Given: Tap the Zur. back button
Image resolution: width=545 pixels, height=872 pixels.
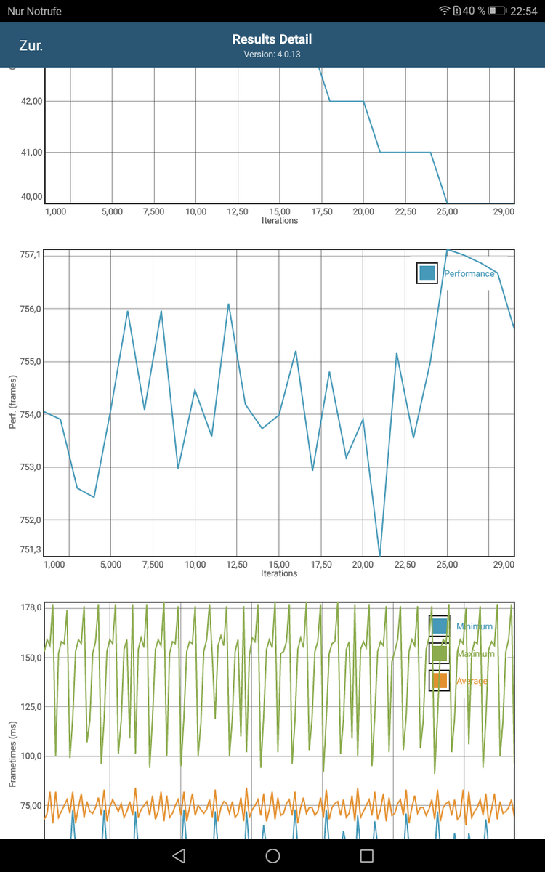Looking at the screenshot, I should pyautogui.click(x=31, y=46).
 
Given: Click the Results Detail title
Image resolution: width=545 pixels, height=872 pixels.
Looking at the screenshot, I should pyautogui.click(x=272, y=39).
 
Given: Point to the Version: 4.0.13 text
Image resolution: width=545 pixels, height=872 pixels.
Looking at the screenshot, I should pyautogui.click(x=272, y=54).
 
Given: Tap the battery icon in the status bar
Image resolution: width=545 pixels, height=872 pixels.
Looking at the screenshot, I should pyautogui.click(x=497, y=11).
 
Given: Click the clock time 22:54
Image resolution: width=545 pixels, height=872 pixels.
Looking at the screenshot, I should pyautogui.click(x=523, y=11).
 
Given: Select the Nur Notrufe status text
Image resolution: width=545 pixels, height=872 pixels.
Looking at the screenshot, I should pyautogui.click(x=34, y=11).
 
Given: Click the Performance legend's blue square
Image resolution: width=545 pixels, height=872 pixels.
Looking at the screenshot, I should pyautogui.click(x=427, y=273).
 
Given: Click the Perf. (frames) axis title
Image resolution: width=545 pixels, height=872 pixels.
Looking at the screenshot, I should pyautogui.click(x=13, y=401).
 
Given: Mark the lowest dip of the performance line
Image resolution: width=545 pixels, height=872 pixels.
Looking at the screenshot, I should pyautogui.click(x=380, y=556).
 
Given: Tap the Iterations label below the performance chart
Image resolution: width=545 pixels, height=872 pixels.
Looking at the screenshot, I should pyautogui.click(x=279, y=573).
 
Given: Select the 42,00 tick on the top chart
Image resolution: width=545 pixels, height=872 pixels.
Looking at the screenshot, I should pyautogui.click(x=33, y=101).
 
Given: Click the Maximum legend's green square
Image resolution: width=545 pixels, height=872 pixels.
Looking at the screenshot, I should pyautogui.click(x=439, y=654).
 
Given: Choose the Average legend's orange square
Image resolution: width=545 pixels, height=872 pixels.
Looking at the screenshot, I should pyautogui.click(x=439, y=681).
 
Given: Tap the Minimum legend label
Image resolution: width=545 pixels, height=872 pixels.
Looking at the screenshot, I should pyautogui.click(x=474, y=626).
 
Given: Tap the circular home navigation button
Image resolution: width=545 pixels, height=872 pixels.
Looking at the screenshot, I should pyautogui.click(x=272, y=855).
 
